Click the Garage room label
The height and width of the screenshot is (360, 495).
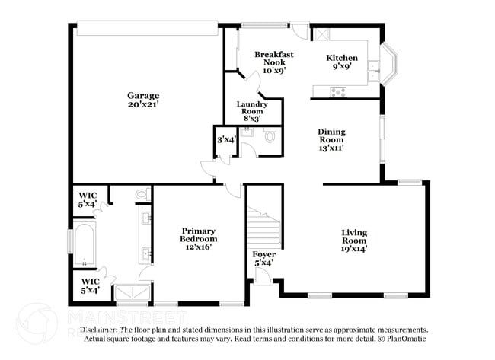point(143,100)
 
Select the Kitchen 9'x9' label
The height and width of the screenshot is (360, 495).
point(342,62)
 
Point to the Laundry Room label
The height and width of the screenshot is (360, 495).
point(252,111)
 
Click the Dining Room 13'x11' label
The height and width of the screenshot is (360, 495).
point(331,139)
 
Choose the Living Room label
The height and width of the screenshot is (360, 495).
point(354,240)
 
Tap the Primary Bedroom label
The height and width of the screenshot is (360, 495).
point(198,238)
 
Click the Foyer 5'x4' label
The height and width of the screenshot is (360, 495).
point(263,258)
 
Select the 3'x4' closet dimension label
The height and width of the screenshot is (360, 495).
point(225,140)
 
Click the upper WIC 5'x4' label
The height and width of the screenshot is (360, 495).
point(87,199)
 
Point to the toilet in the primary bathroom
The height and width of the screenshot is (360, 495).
point(142,196)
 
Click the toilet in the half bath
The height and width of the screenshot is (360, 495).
point(270,138)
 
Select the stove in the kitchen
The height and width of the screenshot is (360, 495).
point(337,91)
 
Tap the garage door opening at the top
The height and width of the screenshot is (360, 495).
point(147,27)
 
